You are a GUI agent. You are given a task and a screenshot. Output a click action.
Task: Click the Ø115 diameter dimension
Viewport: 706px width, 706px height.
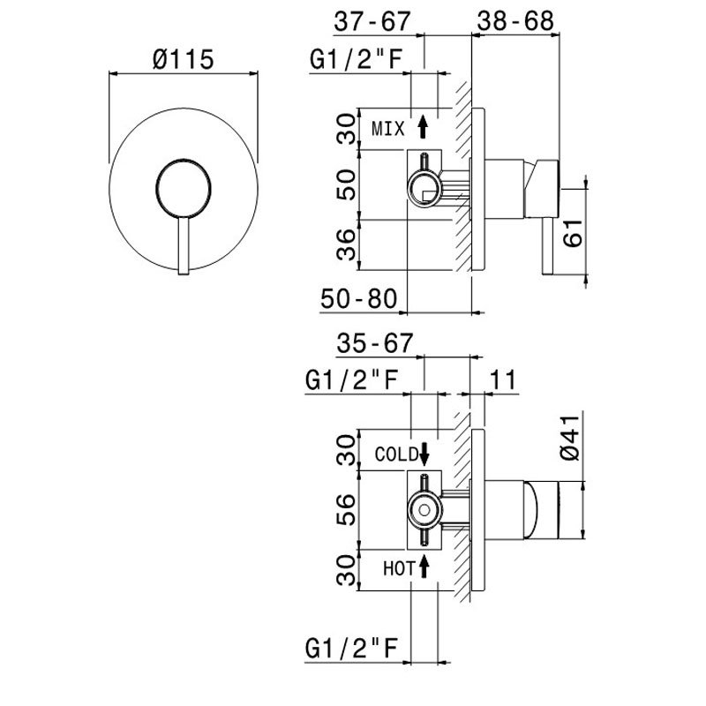184,60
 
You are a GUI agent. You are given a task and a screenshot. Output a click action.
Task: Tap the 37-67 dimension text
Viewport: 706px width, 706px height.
376,19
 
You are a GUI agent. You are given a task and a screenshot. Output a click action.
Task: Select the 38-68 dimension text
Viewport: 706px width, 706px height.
515,19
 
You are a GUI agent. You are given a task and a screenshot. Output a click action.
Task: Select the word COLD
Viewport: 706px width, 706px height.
394,455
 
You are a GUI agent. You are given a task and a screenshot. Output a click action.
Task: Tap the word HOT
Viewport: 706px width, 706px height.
399,568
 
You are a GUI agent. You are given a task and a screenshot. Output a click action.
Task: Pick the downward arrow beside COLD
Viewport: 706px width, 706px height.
424,454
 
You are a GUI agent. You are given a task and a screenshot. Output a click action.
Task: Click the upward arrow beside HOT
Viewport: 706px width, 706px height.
424,567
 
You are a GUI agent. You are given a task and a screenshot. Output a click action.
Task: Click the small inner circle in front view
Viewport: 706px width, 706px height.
184,188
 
